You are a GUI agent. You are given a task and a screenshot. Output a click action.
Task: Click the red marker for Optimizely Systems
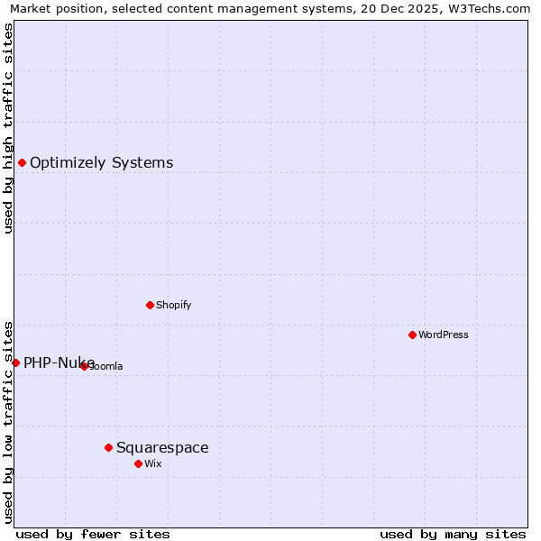pyautogui.click(x=22, y=162)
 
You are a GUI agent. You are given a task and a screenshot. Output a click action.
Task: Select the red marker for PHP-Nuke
pyautogui.click(x=15, y=362)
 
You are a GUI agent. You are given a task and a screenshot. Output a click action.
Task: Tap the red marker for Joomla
pyautogui.click(x=84, y=366)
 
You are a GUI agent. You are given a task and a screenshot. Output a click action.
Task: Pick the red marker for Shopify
pyautogui.click(x=150, y=305)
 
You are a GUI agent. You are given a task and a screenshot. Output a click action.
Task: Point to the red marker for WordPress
pyautogui.click(x=412, y=335)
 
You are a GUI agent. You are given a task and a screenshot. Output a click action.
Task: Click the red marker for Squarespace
pyautogui.click(x=108, y=447)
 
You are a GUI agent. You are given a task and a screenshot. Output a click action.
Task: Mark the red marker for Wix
pyautogui.click(x=138, y=463)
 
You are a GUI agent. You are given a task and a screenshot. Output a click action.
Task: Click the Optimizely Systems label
pyautogui.click(x=101, y=163)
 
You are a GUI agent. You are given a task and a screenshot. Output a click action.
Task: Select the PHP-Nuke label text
pyautogui.click(x=59, y=363)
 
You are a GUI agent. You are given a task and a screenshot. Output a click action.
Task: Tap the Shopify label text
pyautogui.click(x=173, y=305)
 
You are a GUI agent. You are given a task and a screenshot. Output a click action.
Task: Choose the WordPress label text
pyautogui.click(x=444, y=335)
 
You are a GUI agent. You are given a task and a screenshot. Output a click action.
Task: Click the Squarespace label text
pyautogui.click(x=162, y=448)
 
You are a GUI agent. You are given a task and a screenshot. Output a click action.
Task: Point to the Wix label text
pyautogui.click(x=152, y=463)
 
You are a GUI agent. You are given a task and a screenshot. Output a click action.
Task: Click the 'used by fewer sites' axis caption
pyautogui.click(x=93, y=534)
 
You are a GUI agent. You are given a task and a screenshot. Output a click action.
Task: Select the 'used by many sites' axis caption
pyautogui.click(x=453, y=534)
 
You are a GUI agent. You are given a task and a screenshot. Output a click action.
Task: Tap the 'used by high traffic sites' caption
pyautogui.click(x=8, y=128)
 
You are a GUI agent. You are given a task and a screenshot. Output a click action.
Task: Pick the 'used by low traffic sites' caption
pyautogui.click(x=8, y=421)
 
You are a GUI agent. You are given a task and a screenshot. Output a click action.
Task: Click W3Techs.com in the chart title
pyautogui.click(x=487, y=8)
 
